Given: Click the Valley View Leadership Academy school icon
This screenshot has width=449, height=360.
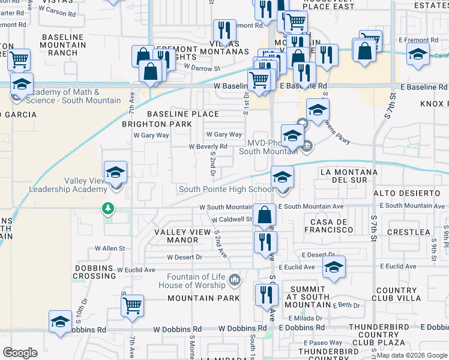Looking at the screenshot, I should [x=115, y=173].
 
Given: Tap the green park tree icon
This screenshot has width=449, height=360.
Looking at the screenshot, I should [x=107, y=208].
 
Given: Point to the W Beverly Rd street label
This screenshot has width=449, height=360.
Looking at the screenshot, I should [x=208, y=146].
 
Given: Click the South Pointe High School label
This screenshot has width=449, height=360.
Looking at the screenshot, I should [x=226, y=190].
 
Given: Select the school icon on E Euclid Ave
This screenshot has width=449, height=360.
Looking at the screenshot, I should [x=334, y=268].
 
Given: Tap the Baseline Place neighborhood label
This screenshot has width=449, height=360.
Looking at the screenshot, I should [x=182, y=114].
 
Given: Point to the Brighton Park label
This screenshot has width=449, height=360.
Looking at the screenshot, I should [x=157, y=124].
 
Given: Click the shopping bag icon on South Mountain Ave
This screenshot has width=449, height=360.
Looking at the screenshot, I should [x=264, y=214].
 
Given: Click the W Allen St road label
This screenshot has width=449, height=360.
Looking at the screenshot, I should [x=109, y=248].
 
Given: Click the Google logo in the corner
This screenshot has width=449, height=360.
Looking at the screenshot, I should [x=20, y=352].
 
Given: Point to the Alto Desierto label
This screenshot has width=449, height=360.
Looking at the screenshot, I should [x=407, y=193].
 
